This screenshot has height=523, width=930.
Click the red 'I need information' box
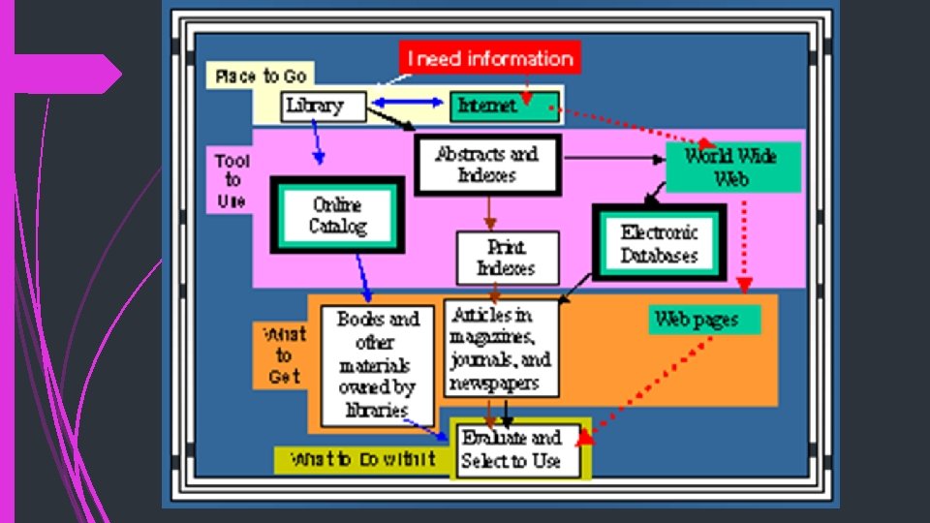pos(490,58)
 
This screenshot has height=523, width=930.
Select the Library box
pos(325,106)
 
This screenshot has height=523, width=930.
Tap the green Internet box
pos(504,106)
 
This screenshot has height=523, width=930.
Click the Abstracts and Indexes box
pos(487,165)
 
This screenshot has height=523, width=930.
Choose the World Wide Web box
pos(732,167)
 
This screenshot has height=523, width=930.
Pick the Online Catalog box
pos(337,216)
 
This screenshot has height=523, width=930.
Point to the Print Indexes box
pos(508,258)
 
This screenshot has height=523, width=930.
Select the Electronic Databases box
pos(659,244)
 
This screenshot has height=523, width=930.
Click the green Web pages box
pos(705,320)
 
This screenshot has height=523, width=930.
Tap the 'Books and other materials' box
pos(378,363)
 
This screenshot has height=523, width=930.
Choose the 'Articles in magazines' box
pos(502,349)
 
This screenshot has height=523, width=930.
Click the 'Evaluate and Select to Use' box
pos(516,449)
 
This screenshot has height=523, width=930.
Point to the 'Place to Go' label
pos(260,76)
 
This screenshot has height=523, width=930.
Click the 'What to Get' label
pos(283,355)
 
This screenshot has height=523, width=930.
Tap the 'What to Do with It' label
pos(363,459)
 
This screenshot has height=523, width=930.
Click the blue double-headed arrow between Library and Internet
pos(407,102)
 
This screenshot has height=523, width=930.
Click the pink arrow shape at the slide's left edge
pos(68,74)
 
